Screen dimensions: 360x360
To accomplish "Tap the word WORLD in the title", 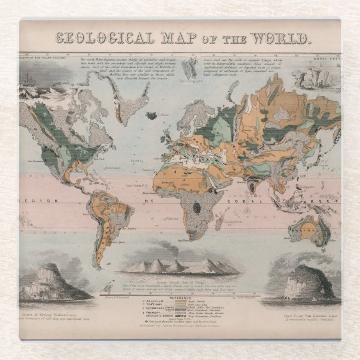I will pos(280,39).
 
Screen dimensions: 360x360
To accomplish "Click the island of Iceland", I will pos(151,116).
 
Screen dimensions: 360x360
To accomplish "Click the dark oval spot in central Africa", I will pos(196,207).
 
